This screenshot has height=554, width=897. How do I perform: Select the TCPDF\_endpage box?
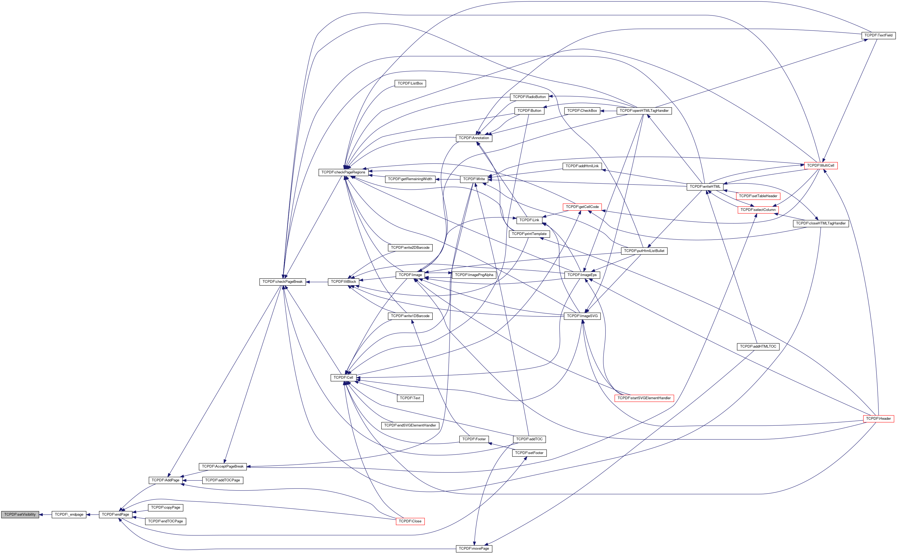(x=69, y=514)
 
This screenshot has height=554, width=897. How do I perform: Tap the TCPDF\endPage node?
(x=115, y=514)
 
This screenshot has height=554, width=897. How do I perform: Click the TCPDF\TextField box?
(x=878, y=35)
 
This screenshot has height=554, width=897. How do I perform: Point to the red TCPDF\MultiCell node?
(x=820, y=166)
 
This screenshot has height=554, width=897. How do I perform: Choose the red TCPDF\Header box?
(x=878, y=418)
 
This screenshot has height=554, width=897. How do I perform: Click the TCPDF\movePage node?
(x=474, y=549)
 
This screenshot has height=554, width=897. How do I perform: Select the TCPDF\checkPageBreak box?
(x=282, y=282)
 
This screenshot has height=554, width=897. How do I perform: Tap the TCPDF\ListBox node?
(x=410, y=83)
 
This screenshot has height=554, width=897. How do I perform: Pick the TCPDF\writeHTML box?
(x=705, y=186)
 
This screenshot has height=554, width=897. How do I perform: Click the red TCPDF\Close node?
(x=410, y=521)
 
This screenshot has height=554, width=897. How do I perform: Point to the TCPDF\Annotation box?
(x=474, y=138)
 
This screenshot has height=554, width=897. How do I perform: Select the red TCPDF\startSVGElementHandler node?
(x=644, y=398)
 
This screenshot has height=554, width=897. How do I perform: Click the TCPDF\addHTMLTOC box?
(x=758, y=346)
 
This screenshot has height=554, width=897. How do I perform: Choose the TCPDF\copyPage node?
(x=166, y=508)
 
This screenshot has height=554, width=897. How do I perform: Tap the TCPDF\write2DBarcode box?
(x=410, y=248)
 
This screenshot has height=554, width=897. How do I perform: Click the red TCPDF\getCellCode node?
(x=582, y=207)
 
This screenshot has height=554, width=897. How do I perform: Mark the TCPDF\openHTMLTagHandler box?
(x=644, y=111)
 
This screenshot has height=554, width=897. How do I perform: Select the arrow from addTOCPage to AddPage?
(x=192, y=480)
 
